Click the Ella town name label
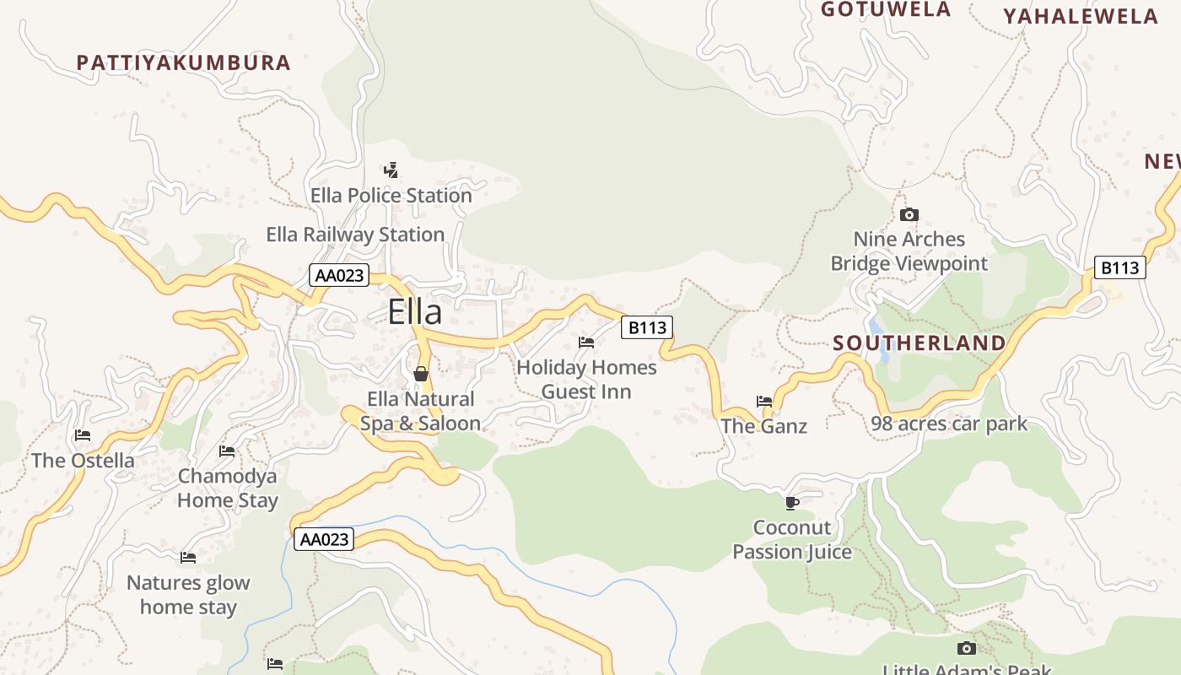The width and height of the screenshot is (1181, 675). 414,312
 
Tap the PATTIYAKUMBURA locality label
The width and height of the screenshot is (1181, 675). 183,62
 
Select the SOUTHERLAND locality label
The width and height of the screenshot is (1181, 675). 919,343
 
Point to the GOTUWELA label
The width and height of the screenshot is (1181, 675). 886,9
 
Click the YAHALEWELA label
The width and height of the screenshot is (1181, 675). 1081,16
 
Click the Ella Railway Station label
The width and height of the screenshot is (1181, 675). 355,235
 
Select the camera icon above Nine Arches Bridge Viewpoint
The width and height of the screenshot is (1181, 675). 909,215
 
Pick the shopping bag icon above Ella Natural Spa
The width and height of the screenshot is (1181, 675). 421,374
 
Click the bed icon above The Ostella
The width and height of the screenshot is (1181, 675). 83,435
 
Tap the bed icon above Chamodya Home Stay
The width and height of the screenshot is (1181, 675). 227,451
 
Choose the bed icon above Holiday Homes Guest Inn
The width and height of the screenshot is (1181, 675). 586,343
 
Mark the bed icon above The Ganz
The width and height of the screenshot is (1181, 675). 764,402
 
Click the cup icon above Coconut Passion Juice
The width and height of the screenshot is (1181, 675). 791,503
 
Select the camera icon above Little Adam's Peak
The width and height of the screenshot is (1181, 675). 967,648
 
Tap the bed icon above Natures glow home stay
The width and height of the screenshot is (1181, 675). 188,558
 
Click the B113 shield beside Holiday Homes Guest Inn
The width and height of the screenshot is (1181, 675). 647,327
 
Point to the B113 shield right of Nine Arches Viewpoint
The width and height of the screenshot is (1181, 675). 1120,268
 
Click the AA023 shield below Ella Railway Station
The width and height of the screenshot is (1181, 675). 340,275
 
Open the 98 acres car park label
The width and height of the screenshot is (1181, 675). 949,424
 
